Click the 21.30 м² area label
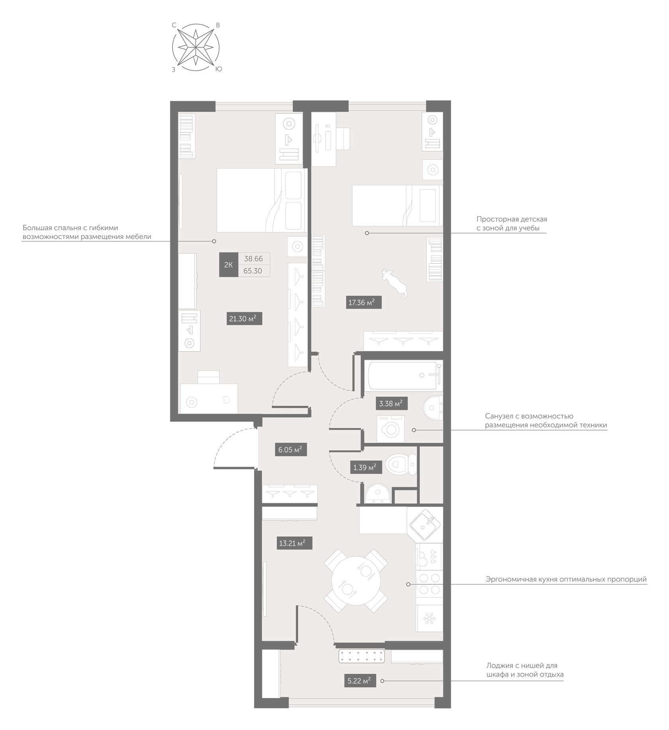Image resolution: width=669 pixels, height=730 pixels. point(245,319)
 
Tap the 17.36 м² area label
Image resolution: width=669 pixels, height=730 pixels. point(364,303)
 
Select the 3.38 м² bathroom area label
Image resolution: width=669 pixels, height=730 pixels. point(391,404)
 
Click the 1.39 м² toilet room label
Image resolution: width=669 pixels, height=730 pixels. point(364,467)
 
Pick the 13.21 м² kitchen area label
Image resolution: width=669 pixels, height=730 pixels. point(294,543)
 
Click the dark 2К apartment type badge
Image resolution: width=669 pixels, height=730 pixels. point(229,265)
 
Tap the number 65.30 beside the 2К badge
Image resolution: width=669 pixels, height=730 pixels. point(253,271)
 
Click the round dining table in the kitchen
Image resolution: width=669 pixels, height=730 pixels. point(356,581)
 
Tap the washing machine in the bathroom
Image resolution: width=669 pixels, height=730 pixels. point(391,429)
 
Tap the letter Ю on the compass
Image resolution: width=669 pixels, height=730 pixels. point(219,69)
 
